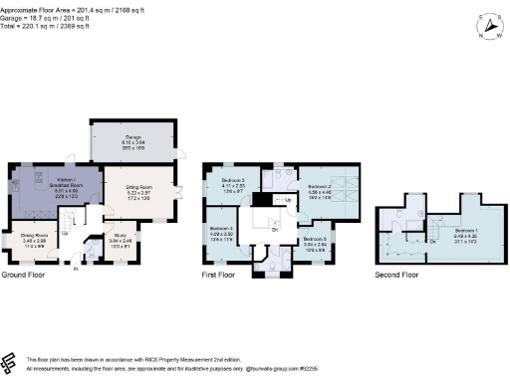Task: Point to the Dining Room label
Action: coord(35,239)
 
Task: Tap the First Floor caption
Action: coord(218,274)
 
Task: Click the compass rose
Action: coord(485,27)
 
